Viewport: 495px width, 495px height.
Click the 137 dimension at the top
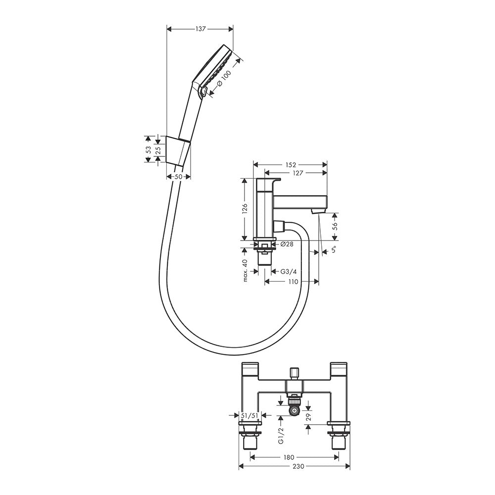(x=200, y=29)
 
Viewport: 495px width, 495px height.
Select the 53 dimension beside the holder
(x=148, y=149)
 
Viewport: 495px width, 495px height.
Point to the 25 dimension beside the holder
(x=158, y=149)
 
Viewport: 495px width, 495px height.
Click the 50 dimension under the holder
(x=178, y=177)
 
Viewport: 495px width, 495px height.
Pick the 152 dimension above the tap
(x=291, y=165)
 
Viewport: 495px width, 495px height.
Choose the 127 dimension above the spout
(x=297, y=173)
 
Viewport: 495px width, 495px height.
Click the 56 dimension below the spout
(x=335, y=226)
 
